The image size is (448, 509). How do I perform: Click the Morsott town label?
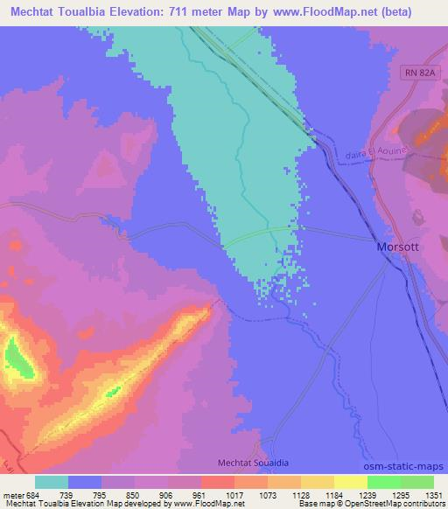click(399, 247)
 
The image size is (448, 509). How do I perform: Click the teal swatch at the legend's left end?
click(51, 483)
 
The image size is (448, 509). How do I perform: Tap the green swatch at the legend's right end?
click(416, 483)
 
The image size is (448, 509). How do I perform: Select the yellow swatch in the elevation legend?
click(350, 483)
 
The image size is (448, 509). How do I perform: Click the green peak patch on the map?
click(17, 359)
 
